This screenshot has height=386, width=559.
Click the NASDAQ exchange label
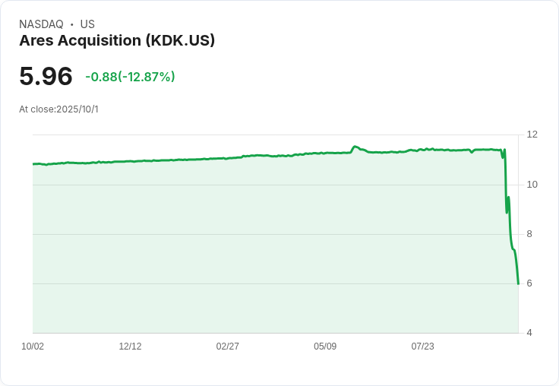click(41, 24)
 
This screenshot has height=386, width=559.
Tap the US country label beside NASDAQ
click(87, 24)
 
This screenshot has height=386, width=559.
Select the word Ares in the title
click(36, 41)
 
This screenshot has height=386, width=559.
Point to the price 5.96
click(46, 76)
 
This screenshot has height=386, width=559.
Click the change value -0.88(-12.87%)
click(130, 77)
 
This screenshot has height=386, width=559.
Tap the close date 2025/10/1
click(77, 109)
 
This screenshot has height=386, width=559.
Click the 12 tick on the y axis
click(532, 134)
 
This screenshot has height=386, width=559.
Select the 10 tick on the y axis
click(532, 185)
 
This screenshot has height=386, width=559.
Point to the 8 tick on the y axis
click(529, 234)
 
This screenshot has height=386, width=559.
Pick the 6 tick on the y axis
click(529, 283)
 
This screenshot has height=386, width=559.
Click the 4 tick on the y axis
click(529, 333)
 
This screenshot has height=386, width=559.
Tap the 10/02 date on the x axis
click(33, 346)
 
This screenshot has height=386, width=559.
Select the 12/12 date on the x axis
click(130, 346)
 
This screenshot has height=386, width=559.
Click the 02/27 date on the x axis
click(228, 346)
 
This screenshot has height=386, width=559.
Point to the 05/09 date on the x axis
click(325, 346)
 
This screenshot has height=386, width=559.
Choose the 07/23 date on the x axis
click(423, 346)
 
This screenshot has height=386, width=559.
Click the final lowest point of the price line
click(518, 283)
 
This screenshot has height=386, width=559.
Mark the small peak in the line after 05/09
click(355, 147)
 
